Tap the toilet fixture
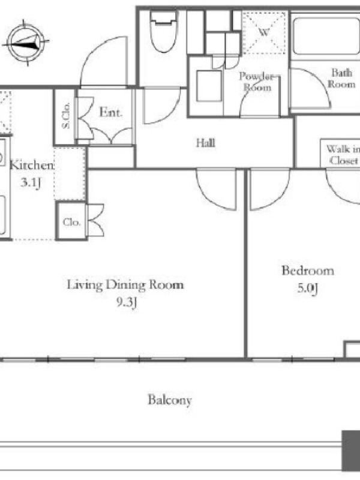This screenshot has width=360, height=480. click(x=164, y=32)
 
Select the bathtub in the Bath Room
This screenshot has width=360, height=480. click(x=326, y=36)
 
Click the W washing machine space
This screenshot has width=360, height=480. click(x=264, y=32)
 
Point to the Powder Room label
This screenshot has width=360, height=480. click(x=257, y=82)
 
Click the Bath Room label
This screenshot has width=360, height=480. click(x=341, y=79)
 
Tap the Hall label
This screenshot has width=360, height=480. click(x=205, y=143)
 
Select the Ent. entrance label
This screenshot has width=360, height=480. click(x=110, y=112)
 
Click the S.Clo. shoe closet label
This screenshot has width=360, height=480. click(x=65, y=115)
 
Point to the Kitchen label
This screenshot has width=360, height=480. click(x=32, y=166)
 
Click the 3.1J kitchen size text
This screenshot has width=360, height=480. click(x=31, y=183)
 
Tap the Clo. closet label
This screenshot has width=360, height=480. click(x=71, y=222)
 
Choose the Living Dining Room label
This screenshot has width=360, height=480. click(x=125, y=285)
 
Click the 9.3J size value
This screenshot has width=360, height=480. click(x=126, y=303)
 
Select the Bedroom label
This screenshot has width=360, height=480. click(x=308, y=271)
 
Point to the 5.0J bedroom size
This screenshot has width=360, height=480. click(x=308, y=289)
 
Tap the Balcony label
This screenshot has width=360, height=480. click(x=170, y=400)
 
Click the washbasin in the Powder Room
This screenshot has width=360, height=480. click(x=209, y=86)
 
